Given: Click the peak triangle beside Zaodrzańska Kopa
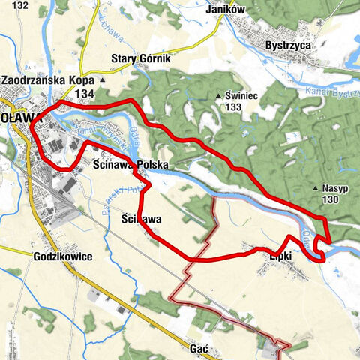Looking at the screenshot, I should [103, 79].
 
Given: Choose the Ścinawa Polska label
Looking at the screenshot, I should [130, 163].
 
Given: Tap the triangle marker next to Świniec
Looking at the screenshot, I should [218, 95].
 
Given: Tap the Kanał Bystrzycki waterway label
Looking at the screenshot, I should [334, 93].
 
